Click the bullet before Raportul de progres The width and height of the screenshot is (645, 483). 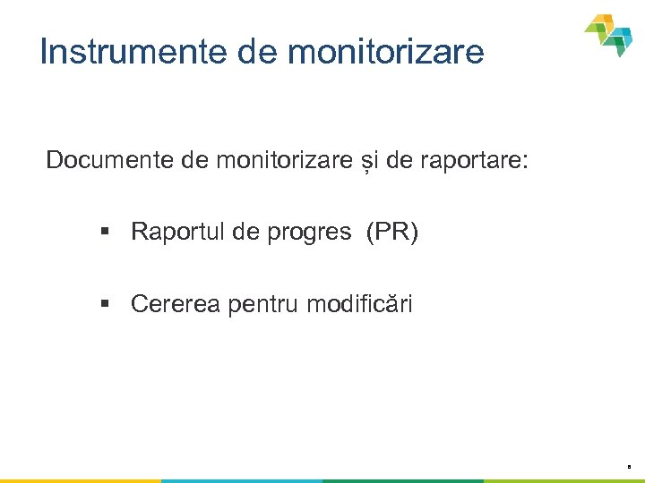pyautogui.click(x=105, y=233)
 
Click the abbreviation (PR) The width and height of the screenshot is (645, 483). pyautogui.click(x=391, y=233)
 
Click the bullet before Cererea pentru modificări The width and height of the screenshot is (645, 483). pyautogui.click(x=105, y=305)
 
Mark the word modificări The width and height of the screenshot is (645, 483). pyautogui.click(x=360, y=305)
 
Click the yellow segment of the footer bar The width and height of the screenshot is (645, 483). pyautogui.click(x=81, y=480)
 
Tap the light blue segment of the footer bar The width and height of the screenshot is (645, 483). pyautogui.click(x=242, y=480)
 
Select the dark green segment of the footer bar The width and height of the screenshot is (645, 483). pyautogui.click(x=403, y=480)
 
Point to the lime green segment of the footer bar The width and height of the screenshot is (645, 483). pyautogui.click(x=564, y=480)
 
